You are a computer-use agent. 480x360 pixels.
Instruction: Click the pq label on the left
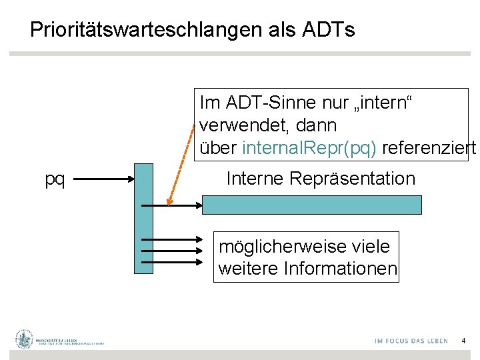click(x=55, y=179)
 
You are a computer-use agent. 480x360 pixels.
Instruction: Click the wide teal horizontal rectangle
click(x=311, y=204)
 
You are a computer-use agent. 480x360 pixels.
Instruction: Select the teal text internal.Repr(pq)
click(x=310, y=148)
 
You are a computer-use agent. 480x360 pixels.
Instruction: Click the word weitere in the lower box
click(x=249, y=269)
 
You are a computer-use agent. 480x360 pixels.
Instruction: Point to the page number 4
click(x=463, y=341)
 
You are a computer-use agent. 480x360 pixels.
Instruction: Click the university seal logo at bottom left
click(x=25, y=339)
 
